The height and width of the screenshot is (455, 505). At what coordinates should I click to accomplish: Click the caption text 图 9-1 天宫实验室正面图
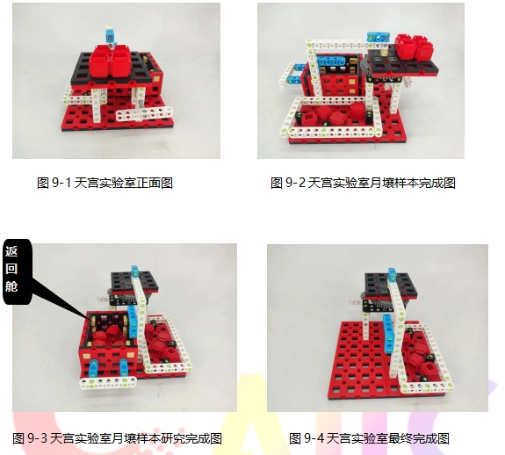(x=105, y=183)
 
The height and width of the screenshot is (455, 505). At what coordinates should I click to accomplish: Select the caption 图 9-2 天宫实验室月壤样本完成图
(x=363, y=183)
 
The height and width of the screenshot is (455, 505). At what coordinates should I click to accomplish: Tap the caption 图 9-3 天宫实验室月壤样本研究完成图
(x=117, y=438)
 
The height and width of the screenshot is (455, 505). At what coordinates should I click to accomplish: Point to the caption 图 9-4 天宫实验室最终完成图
(x=369, y=438)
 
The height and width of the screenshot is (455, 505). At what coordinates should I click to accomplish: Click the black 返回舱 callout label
(x=18, y=271)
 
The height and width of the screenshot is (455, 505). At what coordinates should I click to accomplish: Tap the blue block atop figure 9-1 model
(x=110, y=35)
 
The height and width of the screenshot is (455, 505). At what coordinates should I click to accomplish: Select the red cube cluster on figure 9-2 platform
(x=414, y=47)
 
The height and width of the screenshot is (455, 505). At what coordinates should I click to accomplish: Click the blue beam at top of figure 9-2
(x=379, y=38)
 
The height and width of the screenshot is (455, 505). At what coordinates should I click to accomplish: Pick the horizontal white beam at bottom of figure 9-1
(x=144, y=114)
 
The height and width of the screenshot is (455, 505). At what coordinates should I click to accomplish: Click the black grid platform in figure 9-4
(x=391, y=287)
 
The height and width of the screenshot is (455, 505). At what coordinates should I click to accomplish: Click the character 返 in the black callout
(x=11, y=251)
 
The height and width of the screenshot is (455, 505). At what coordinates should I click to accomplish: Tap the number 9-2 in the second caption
(x=295, y=183)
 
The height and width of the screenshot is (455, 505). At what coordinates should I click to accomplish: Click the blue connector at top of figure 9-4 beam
(x=392, y=275)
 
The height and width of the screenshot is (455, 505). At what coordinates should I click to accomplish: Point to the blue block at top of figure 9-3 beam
(x=135, y=272)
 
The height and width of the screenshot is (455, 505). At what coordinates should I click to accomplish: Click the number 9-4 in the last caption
(x=314, y=438)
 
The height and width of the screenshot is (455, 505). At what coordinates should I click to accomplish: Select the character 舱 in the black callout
(x=11, y=286)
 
